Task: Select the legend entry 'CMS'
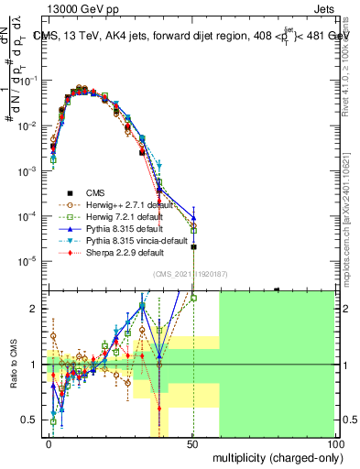pyautogui.click(x=95, y=192)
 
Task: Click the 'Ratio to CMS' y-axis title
pyautogui.click(x=13, y=364)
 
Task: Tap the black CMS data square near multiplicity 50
pyautogui.click(x=193, y=247)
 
